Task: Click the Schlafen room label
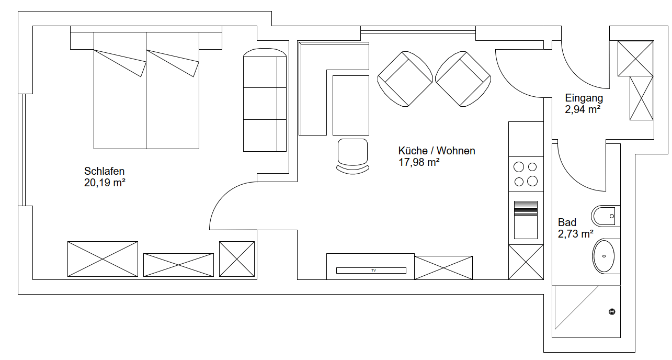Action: click(x=104, y=171)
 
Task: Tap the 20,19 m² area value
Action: click(x=105, y=183)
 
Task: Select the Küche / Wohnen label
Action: click(x=437, y=151)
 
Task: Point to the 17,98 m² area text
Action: click(x=419, y=162)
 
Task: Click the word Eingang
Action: click(x=584, y=98)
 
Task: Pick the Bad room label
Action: click(x=567, y=222)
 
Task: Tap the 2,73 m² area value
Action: click(x=575, y=234)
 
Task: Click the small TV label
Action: click(x=373, y=270)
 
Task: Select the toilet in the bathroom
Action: click(x=606, y=216)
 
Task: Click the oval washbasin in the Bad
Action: click(x=604, y=256)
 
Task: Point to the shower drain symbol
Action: click(x=612, y=312)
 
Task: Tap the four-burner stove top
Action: click(x=526, y=174)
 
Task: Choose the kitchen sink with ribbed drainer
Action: click(x=526, y=220)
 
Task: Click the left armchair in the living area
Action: click(x=405, y=79)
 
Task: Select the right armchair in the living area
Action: click(x=463, y=79)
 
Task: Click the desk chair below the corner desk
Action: click(x=353, y=156)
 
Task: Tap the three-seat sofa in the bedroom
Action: click(x=265, y=100)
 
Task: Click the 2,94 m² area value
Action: click(x=583, y=109)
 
